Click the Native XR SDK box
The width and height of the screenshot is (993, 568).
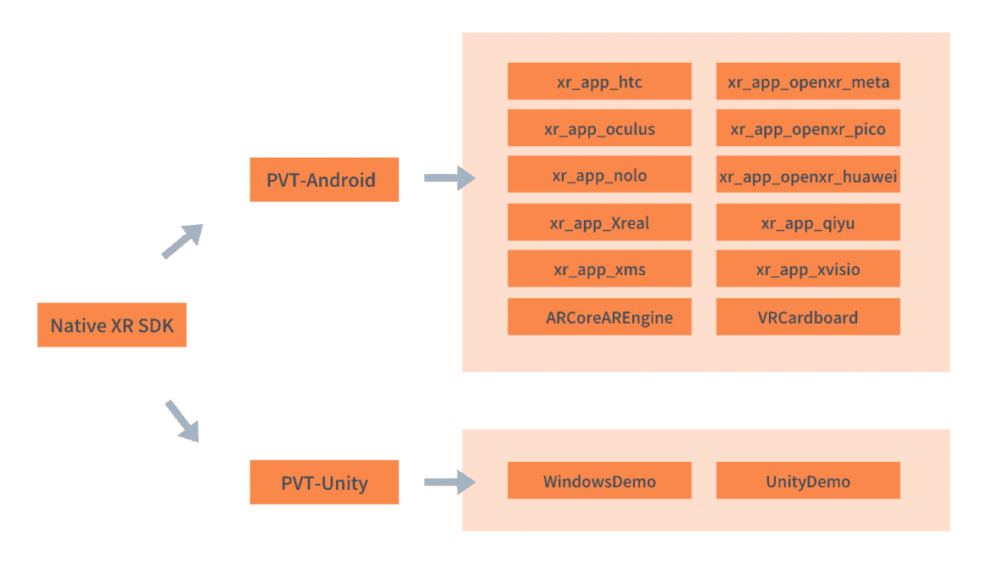[x=111, y=325]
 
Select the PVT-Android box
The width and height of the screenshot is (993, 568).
[x=323, y=180]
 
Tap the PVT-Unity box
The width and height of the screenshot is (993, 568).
[x=323, y=482]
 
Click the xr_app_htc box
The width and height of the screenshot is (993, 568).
[x=599, y=82]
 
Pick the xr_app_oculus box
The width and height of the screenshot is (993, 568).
[x=599, y=129]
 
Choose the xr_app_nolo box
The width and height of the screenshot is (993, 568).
[x=599, y=175]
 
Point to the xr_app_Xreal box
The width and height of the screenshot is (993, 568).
[x=599, y=222]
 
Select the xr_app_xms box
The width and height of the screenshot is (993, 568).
[x=599, y=269]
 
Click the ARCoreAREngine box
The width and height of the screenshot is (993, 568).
[x=599, y=317]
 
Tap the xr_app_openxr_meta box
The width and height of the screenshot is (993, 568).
[x=808, y=82]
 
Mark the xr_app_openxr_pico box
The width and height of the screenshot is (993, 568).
[x=808, y=129]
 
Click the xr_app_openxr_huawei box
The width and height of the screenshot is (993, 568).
[x=808, y=175]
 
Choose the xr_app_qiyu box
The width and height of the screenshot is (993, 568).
[x=808, y=222]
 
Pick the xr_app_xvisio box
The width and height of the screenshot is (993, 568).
[x=808, y=269]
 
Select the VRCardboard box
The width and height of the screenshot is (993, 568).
[x=808, y=317]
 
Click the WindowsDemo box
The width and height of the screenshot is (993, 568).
[x=599, y=481]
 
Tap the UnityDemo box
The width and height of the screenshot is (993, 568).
[x=808, y=481]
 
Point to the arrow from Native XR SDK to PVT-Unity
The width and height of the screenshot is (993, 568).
[x=182, y=420]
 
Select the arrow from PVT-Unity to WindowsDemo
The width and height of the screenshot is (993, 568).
[x=449, y=481]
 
